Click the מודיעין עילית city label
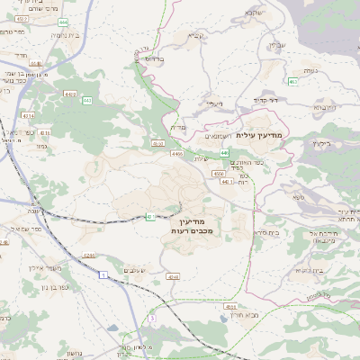click(x=263, y=133)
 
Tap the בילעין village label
click(x=322, y=141)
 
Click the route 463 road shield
click(x=292, y=82)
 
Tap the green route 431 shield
click(x=150, y=216)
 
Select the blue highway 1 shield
click(x=104, y=272)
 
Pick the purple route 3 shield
click(x=153, y=319)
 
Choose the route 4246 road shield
click(x=89, y=256)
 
